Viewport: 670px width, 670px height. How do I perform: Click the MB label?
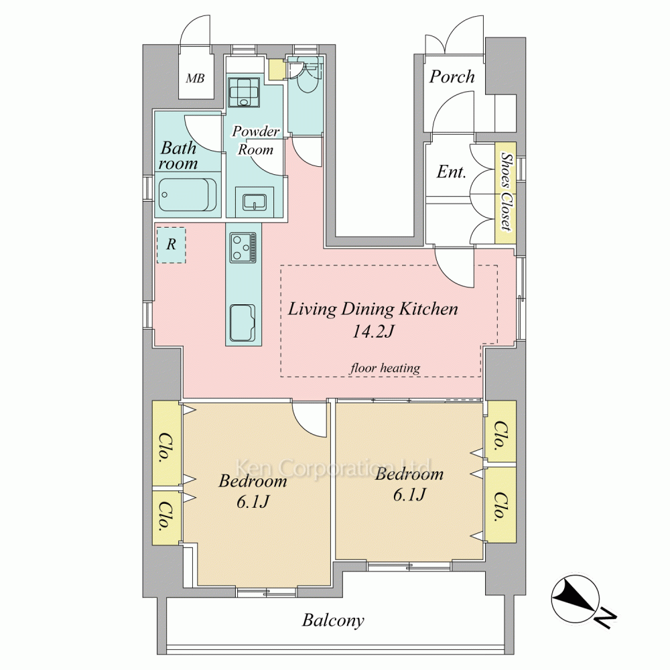click(195, 78)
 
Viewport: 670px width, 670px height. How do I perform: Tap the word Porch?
click(452, 76)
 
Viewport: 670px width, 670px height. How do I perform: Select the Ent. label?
click(451, 172)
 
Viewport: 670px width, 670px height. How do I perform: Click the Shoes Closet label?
click(506, 192)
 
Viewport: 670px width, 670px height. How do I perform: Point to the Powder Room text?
click(255, 140)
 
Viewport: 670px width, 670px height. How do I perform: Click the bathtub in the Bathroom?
click(187, 195)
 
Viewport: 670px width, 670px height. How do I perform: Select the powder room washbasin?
click(255, 202)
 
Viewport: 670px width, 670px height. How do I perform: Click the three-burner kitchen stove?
click(243, 247)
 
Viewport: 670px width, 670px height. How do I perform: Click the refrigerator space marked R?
click(171, 245)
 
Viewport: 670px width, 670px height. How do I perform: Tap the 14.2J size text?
click(373, 331)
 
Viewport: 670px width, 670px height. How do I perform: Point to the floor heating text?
click(385, 368)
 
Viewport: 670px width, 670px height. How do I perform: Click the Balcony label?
click(333, 620)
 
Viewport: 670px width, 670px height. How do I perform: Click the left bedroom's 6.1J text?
click(253, 501)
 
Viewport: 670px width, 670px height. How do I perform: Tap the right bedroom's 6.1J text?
click(409, 494)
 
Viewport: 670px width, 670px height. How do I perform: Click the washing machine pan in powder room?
click(244, 92)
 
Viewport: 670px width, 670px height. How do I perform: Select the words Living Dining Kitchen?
click(373, 309)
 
